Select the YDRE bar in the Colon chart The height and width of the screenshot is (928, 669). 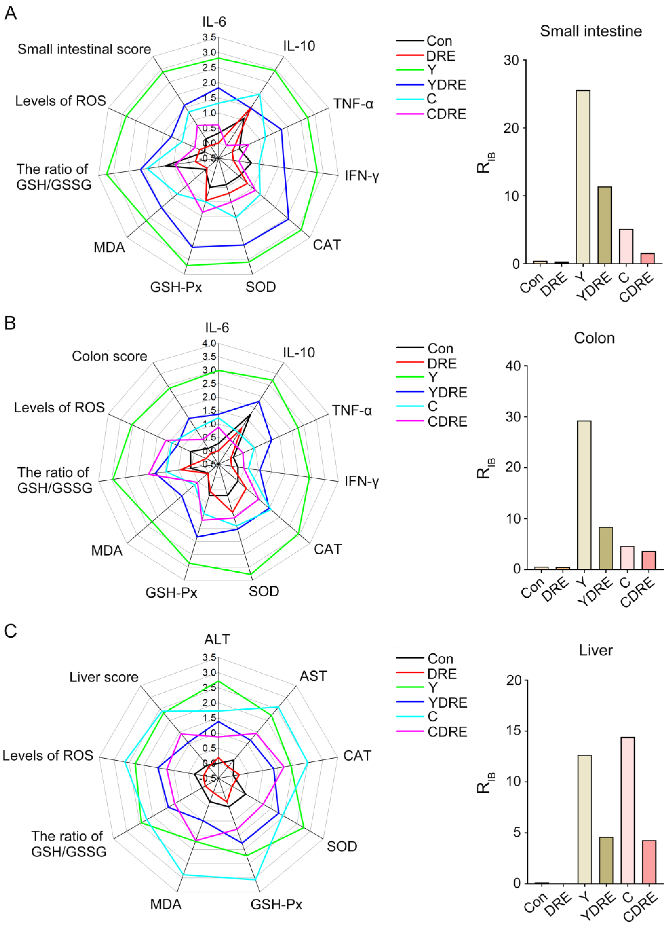point(605,548)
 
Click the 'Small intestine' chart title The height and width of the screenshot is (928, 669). point(591,31)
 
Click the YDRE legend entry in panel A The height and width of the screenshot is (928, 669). point(446,85)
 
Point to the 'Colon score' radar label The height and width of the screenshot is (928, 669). point(109,356)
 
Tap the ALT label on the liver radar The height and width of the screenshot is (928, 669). point(217,639)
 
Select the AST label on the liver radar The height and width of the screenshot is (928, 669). point(313,676)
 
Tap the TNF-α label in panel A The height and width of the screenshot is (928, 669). point(353,104)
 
